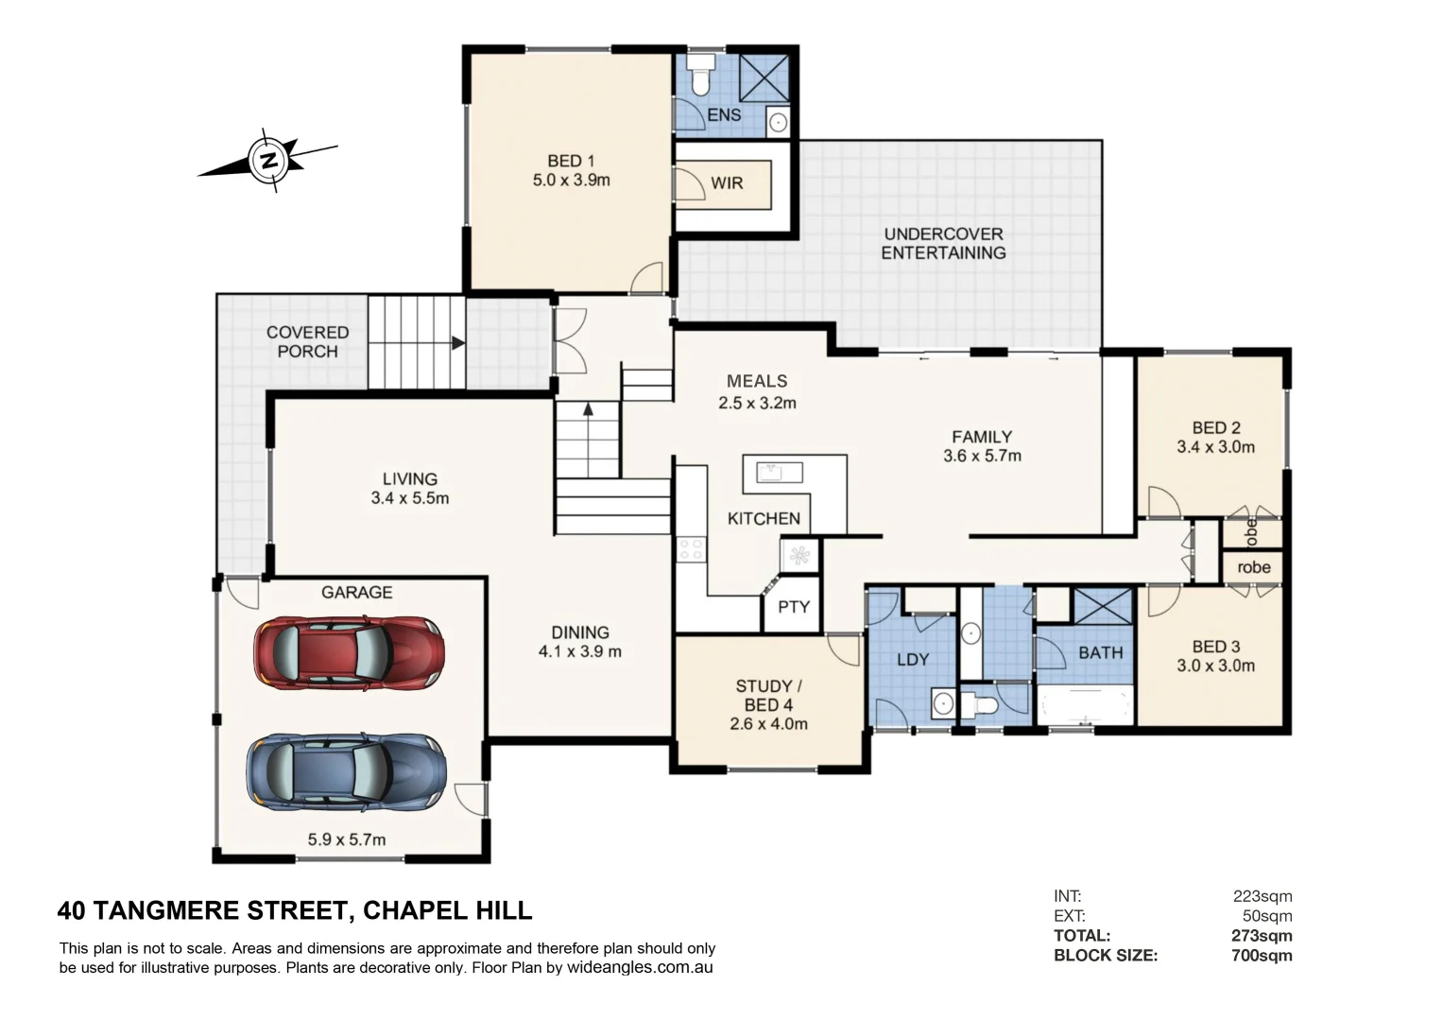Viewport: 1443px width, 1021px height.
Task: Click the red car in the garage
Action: point(349,652)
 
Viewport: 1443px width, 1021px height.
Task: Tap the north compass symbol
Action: point(268,160)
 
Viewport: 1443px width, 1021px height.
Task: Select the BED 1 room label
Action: point(571,161)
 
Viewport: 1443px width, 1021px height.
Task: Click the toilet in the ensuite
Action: point(700,76)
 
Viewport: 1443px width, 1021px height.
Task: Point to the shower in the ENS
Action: point(763,78)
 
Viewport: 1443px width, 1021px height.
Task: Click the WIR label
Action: point(727,183)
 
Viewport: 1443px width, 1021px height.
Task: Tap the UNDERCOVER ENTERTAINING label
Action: point(943,244)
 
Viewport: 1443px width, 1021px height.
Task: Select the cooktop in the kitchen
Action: point(690,549)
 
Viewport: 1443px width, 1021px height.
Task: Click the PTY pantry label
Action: point(793,607)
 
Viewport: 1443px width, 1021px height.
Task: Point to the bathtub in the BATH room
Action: point(1085,704)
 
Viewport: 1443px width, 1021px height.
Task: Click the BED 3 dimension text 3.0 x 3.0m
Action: point(1215,666)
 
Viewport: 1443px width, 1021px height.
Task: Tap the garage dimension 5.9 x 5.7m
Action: point(346,839)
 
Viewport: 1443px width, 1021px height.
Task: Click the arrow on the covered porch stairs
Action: point(457,343)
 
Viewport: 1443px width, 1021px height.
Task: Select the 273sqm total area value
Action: point(1262,936)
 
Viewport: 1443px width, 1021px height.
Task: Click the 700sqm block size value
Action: point(1262,956)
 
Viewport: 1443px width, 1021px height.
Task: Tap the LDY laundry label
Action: point(912,660)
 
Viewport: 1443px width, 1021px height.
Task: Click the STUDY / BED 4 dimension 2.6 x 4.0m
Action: point(768,724)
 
